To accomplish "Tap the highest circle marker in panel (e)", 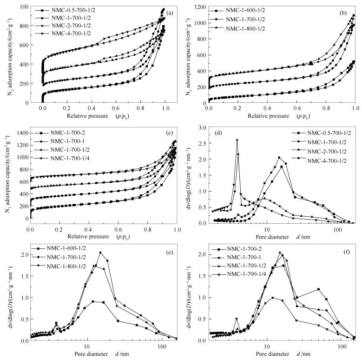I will [100, 253].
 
